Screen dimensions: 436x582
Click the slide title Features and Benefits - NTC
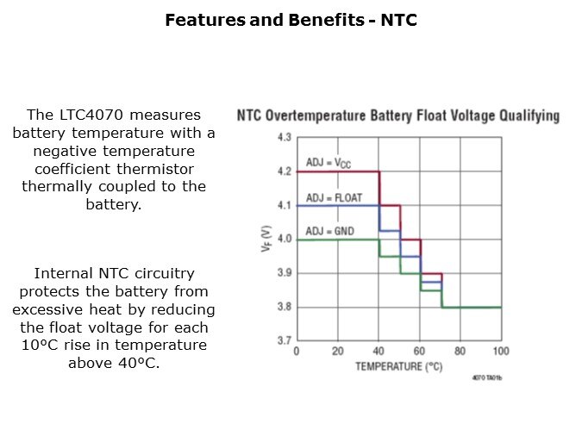pos(291,19)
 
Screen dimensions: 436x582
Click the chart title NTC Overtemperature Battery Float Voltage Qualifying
pos(397,115)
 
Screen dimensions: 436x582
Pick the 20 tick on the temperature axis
pos(337,352)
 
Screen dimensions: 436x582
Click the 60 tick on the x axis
pos(419,352)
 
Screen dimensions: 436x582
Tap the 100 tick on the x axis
pos(501,352)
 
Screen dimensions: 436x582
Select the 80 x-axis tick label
pos(460,352)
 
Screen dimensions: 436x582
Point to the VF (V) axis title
pos(266,240)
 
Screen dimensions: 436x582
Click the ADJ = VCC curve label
pos(329,163)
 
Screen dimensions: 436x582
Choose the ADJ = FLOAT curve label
pos(333,197)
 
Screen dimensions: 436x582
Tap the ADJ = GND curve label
pos(329,231)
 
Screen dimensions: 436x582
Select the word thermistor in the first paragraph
pos(155,168)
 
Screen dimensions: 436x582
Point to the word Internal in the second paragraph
pos(64,274)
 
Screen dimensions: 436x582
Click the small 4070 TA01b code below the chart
pos(486,378)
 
